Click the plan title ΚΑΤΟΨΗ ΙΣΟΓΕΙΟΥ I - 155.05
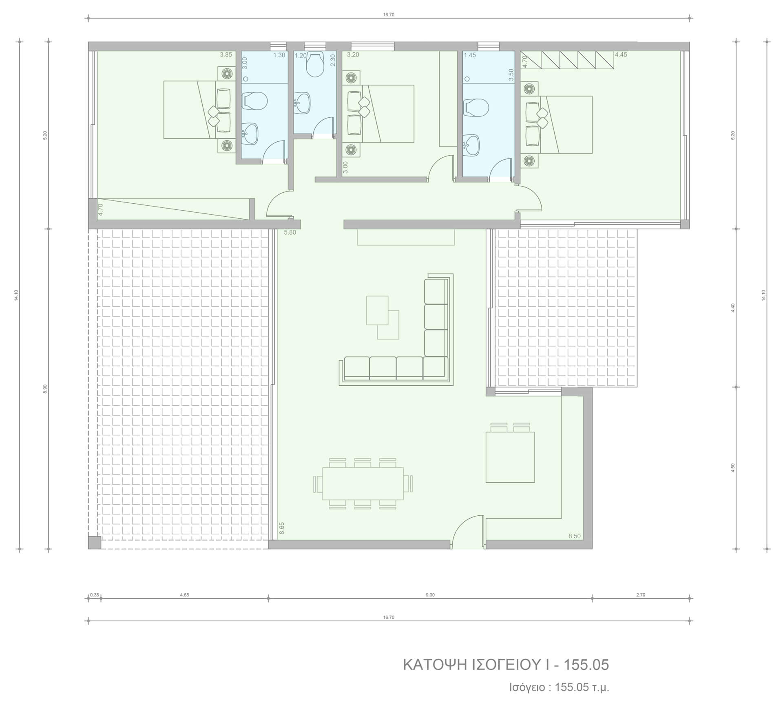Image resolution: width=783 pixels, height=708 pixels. click(506, 665)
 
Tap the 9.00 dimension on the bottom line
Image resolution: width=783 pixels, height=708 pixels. click(430, 595)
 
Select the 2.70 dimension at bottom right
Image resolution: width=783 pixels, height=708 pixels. click(641, 595)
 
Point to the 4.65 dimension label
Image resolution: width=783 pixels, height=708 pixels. click(184, 595)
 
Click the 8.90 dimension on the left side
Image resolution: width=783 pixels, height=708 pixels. click(45, 389)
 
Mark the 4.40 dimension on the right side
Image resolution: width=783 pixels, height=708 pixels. click(733, 308)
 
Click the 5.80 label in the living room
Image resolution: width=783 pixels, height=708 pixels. click(290, 233)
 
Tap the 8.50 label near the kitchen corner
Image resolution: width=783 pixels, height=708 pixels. click(574, 536)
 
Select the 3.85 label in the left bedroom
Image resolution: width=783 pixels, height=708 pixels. click(226, 55)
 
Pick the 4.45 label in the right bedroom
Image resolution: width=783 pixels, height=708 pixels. click(621, 55)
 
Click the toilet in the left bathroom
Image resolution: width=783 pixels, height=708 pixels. click(254, 101)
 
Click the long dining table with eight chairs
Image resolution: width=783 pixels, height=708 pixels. click(363, 484)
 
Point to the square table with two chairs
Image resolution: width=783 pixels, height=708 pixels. click(510, 453)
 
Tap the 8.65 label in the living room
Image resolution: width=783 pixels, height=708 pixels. click(281, 528)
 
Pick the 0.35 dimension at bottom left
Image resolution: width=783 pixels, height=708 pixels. click(95, 595)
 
